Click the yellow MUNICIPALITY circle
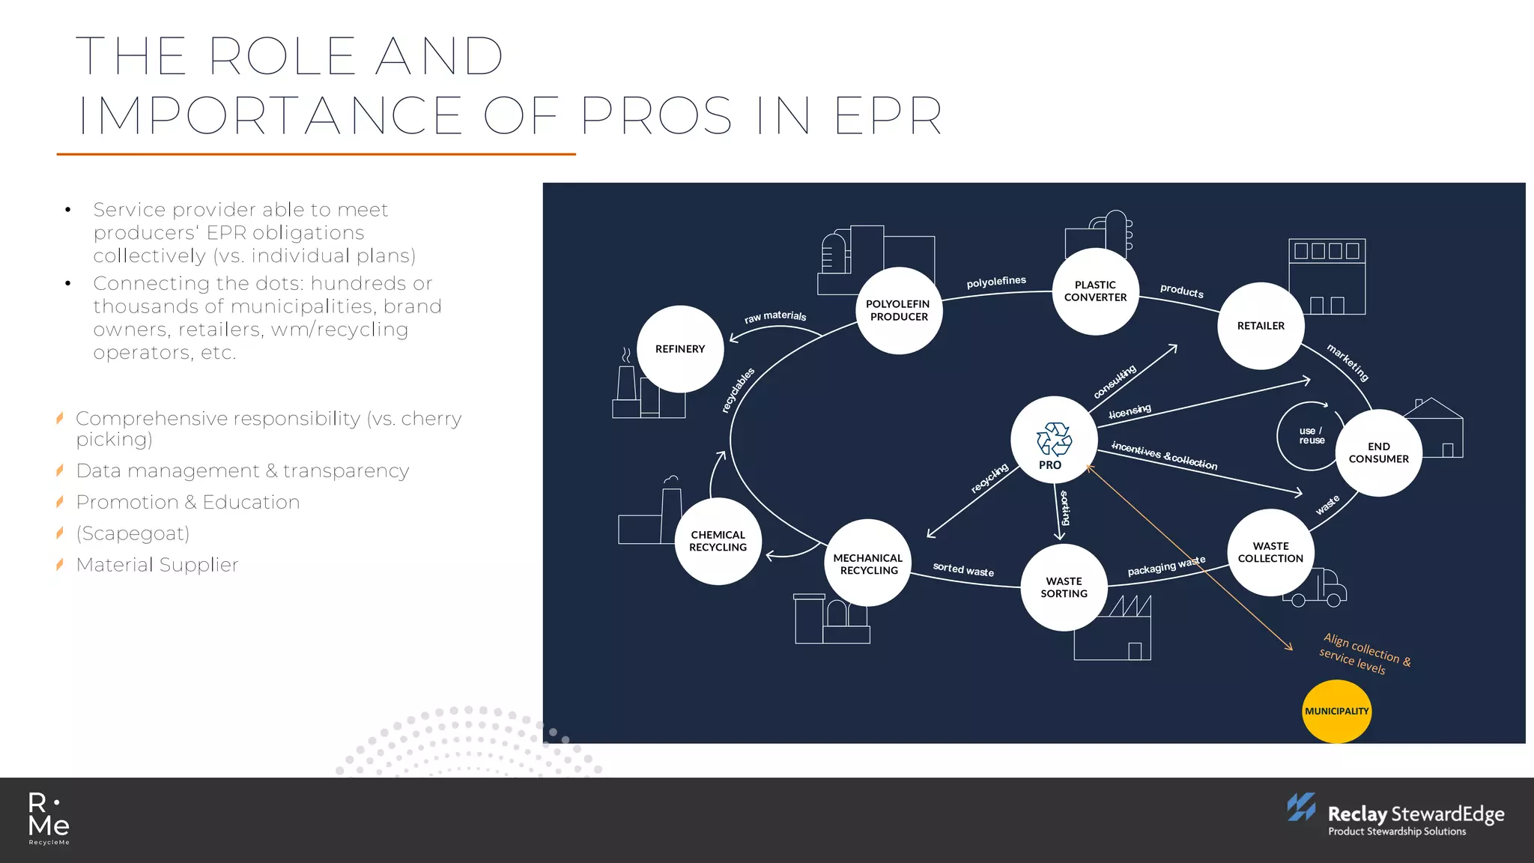tap(1336, 711)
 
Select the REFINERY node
tap(680, 349)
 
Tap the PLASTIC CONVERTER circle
tap(1095, 291)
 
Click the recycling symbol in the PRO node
tap(1054, 439)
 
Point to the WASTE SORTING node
tap(1064, 587)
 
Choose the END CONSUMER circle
tap(1378, 452)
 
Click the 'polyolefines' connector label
tap(996, 282)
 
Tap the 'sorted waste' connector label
tap(963, 570)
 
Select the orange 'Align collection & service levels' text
tap(1365, 653)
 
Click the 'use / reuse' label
tap(1311, 436)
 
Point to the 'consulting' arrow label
tap(1115, 381)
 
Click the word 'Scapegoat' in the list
tap(133, 533)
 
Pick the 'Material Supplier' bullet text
tap(157, 565)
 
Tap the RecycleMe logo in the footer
tap(49, 819)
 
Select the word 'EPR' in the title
tap(888, 116)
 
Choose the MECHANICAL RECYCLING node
tap(867, 564)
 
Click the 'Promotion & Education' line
tap(188, 502)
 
